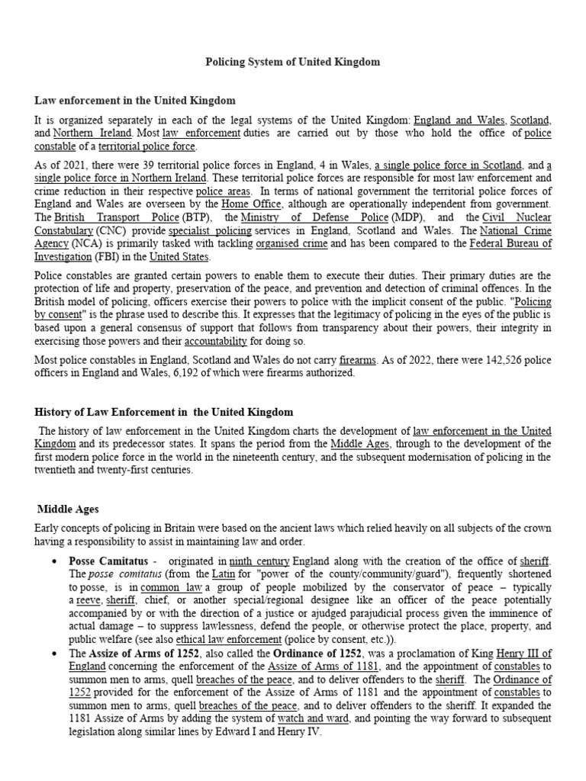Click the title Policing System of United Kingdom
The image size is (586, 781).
[x=293, y=62]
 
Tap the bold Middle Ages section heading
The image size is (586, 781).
[x=68, y=509]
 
